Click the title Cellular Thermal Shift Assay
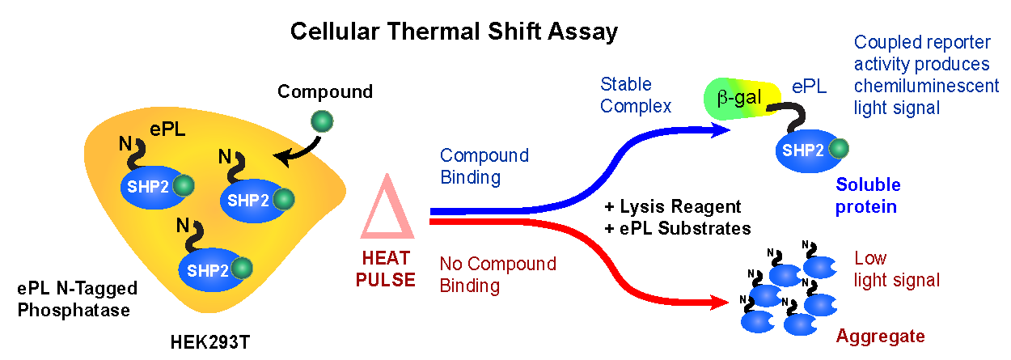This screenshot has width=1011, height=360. tap(454, 32)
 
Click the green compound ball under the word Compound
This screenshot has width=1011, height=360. tap(322, 121)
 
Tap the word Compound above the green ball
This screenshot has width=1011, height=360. tap(325, 91)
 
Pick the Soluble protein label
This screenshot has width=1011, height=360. tap(868, 196)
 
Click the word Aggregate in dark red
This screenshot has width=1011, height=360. tap(880, 336)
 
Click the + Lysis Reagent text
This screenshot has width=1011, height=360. tap(673, 207)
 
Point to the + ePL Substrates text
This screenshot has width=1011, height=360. tap(678, 228)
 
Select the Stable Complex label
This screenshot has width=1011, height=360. tap(636, 95)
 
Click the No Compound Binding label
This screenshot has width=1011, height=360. tap(497, 274)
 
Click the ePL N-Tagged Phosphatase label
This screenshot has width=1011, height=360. tap(78, 299)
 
